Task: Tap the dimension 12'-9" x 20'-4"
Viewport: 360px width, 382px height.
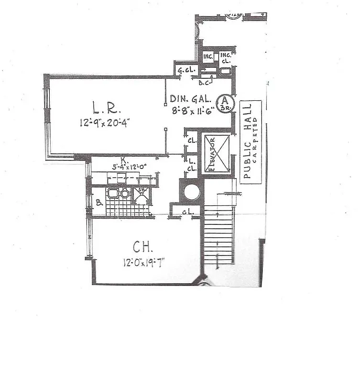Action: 105,123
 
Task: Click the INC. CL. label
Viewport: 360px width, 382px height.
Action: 226,58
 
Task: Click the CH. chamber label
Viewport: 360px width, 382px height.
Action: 142,247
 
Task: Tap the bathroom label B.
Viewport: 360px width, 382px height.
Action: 98,202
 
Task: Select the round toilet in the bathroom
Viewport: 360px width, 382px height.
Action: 125,194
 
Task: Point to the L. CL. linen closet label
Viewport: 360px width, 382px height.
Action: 192,165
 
